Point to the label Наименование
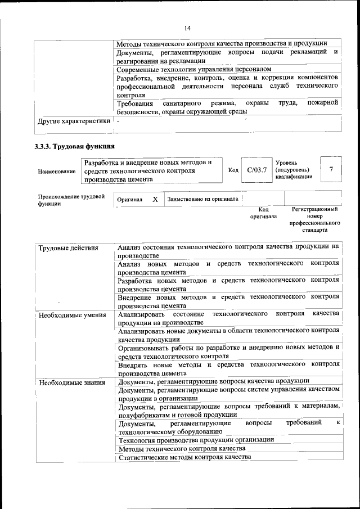[57, 171]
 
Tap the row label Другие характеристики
[74, 120]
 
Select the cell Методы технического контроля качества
[182, 448]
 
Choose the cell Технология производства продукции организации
[196, 439]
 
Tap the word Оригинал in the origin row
[129, 200]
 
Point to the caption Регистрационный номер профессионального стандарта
[315, 219]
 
